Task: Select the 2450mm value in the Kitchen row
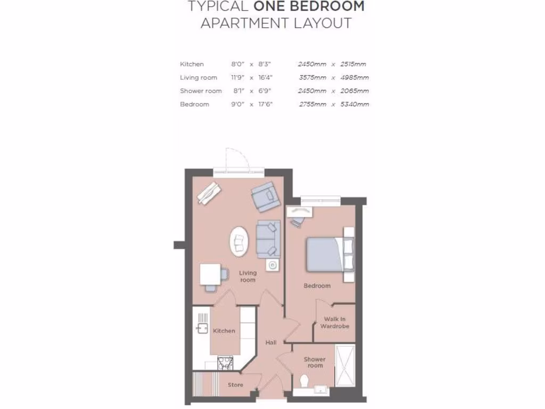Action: (x=312, y=64)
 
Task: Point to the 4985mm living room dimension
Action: (x=354, y=77)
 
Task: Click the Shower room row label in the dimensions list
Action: (x=201, y=91)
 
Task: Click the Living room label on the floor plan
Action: (x=247, y=276)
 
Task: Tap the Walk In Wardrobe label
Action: (x=335, y=323)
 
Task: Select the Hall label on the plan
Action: (x=271, y=342)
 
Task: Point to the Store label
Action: (x=235, y=385)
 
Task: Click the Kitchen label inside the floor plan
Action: (x=224, y=331)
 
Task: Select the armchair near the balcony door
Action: (x=265, y=195)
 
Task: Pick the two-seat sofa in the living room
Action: (x=267, y=238)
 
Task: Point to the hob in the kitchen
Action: (x=225, y=363)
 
